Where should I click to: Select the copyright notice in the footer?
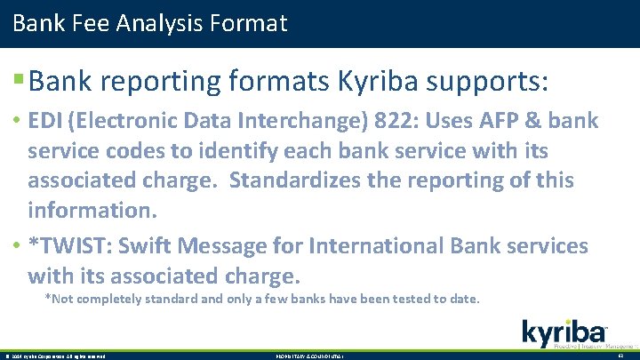pos(55,356)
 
